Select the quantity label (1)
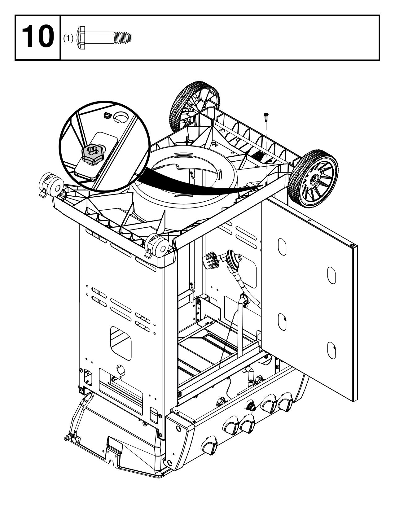tap(68, 38)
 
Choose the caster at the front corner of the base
tap(158, 245)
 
